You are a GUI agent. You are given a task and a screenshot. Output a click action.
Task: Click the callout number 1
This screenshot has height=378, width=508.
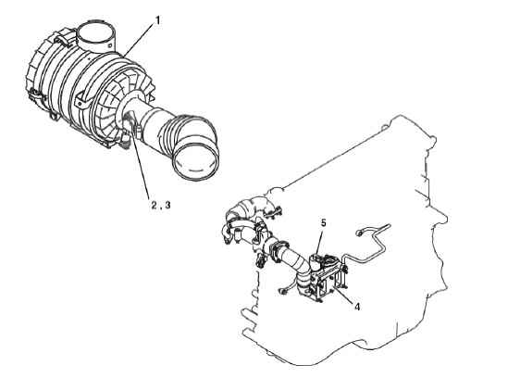pyautogui.click(x=158, y=20)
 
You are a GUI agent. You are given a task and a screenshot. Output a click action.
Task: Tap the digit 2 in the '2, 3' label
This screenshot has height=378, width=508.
pyautogui.click(x=154, y=205)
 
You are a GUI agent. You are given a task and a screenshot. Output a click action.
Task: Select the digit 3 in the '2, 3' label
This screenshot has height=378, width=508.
pyautogui.click(x=167, y=205)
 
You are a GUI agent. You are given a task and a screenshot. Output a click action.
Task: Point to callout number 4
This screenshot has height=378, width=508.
pyautogui.click(x=356, y=307)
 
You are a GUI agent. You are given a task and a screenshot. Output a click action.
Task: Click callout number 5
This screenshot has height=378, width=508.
pyautogui.click(x=323, y=223)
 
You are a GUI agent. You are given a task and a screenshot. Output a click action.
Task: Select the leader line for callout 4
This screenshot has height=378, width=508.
pyautogui.click(x=342, y=294)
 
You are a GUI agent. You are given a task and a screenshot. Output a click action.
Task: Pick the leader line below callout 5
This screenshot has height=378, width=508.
pyautogui.click(x=319, y=242)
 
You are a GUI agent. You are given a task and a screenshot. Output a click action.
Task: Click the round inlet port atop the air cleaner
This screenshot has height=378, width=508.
pyautogui.click(x=96, y=35)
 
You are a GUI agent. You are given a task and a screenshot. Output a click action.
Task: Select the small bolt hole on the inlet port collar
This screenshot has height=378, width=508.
pyautogui.click(x=110, y=42)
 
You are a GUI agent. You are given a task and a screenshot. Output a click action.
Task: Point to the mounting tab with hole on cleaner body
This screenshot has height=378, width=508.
pyautogui.click(x=81, y=102)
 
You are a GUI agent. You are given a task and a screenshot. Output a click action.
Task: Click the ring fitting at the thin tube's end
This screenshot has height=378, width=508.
pyautogui.click(x=359, y=233)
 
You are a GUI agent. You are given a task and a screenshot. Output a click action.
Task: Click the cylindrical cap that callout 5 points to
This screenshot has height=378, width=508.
pyautogui.click(x=316, y=261)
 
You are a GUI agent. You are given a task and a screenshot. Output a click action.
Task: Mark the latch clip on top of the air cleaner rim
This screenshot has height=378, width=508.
pyautogui.click(x=63, y=40)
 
